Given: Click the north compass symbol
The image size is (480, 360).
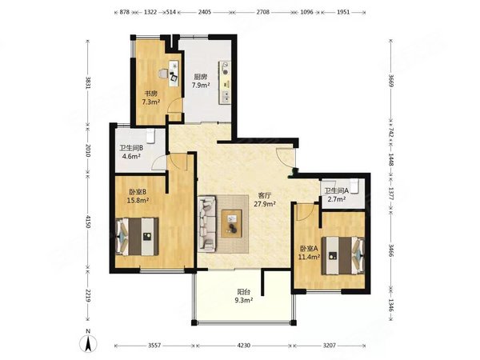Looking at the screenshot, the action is tap(89, 342).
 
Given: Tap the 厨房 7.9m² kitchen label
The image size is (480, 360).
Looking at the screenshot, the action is tap(201, 81).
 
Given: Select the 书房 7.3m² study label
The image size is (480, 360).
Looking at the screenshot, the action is tap(151, 98).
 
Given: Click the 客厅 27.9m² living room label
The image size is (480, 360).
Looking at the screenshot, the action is tap(265, 199).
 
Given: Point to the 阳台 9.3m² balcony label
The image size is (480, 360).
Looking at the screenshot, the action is tap(244, 296).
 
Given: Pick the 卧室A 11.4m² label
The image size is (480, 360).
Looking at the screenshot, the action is tap(309, 253).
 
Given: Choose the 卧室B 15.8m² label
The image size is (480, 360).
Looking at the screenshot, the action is tap(138, 196).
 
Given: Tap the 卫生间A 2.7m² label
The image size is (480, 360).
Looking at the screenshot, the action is tap(337, 195).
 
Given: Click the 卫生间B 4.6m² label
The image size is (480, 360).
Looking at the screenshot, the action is tap(131, 152).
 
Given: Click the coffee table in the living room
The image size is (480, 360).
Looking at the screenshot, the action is tap(232, 223).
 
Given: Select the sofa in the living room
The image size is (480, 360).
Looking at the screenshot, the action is tap(207, 224).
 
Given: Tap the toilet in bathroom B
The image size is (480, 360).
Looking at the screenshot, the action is tap(150, 136).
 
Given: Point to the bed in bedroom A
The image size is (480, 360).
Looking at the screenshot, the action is tap(343, 255).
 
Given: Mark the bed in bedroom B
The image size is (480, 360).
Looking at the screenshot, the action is tap(137, 236).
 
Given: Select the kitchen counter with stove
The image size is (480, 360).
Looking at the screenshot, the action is tap(225, 82).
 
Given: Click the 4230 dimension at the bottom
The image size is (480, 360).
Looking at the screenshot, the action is tap(244, 346).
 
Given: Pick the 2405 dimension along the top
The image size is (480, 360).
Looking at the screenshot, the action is tap(205, 12).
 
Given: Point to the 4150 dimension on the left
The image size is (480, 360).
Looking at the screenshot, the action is tap(88, 222).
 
